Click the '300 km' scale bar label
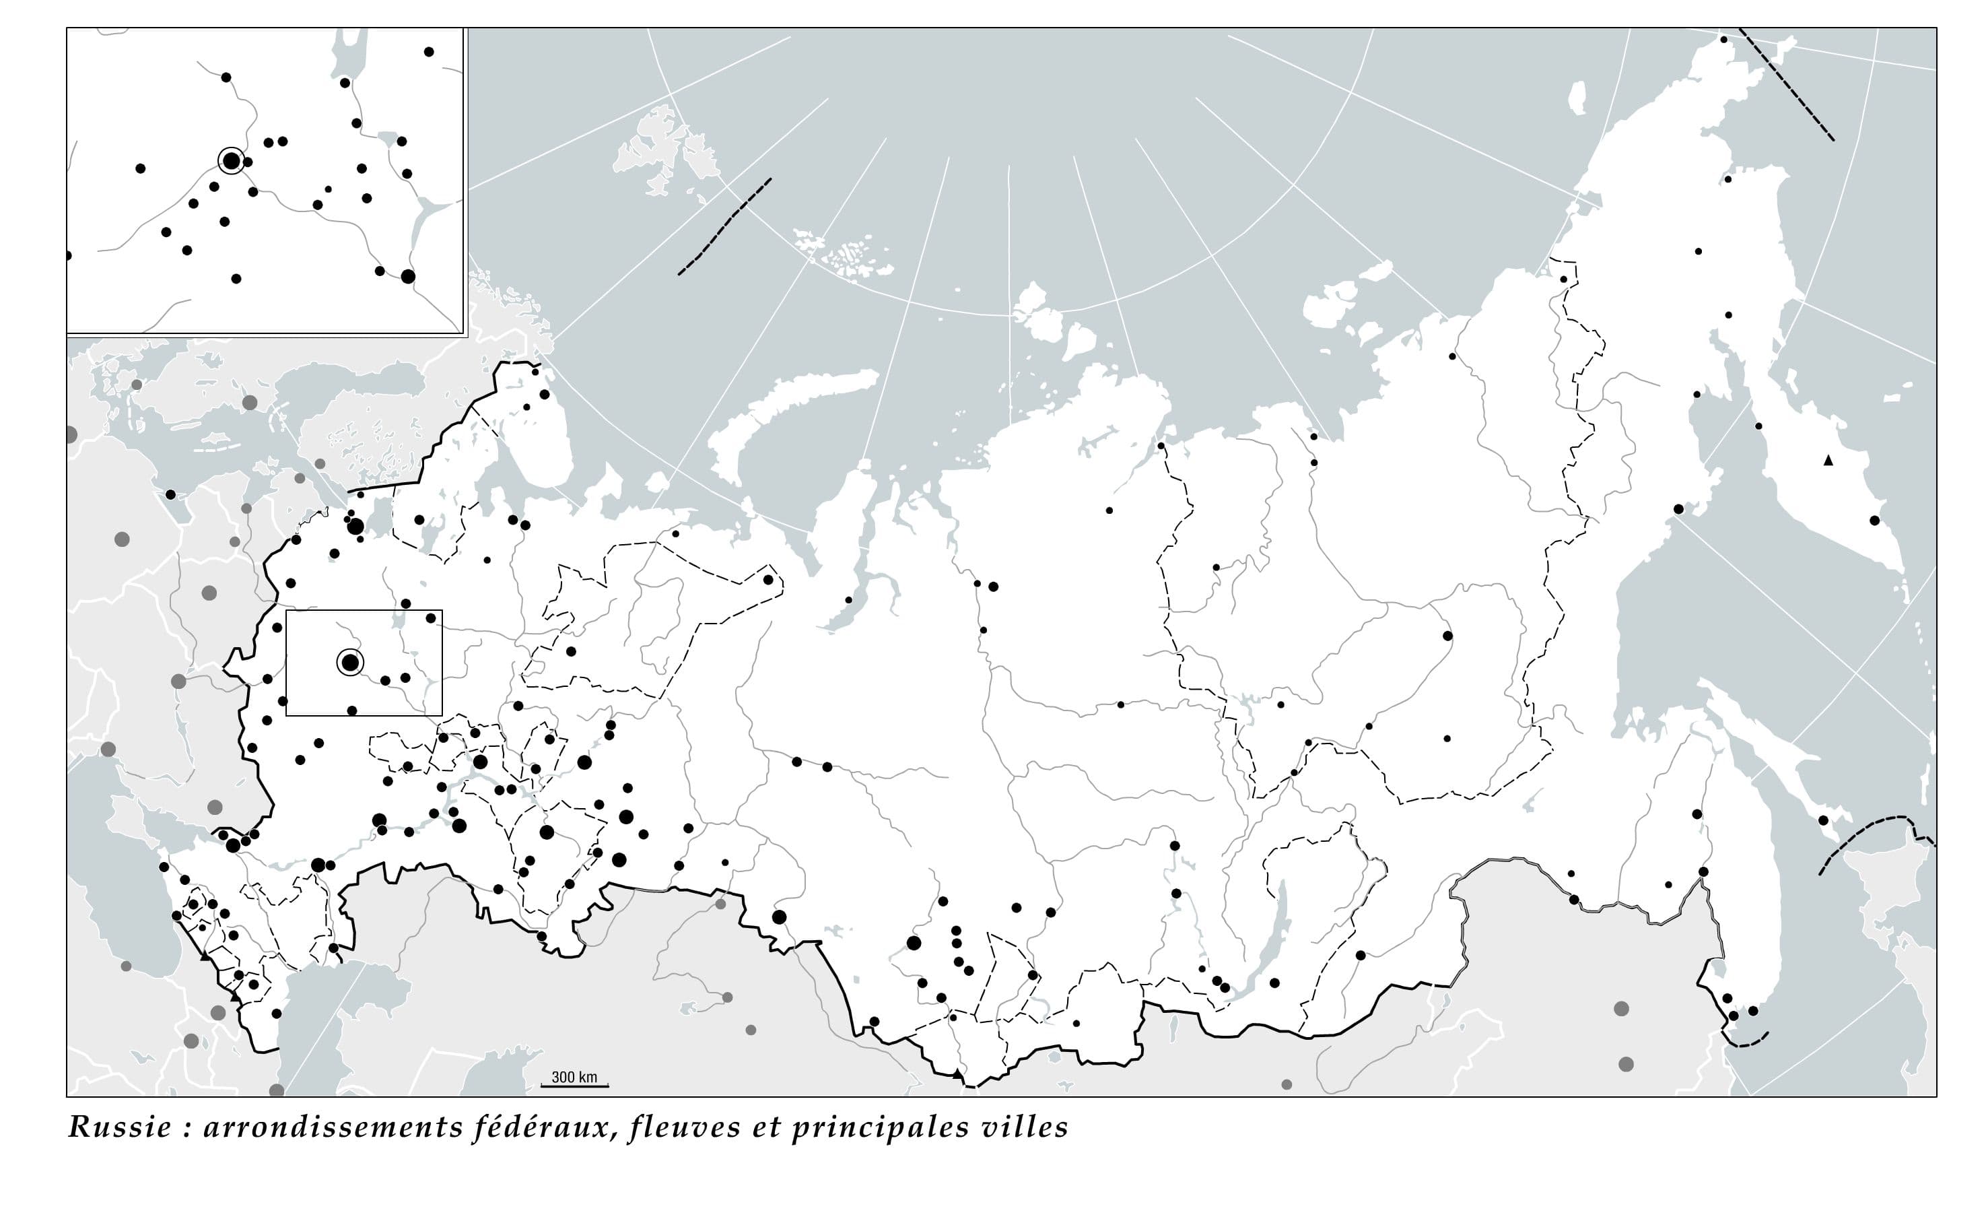[x=574, y=1077]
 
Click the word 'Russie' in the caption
[x=119, y=1127]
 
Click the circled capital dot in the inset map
[x=231, y=160]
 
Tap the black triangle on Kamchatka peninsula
[x=1828, y=460]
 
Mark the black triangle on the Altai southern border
[x=959, y=1074]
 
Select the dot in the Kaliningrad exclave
[x=171, y=494]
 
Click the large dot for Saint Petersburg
[x=355, y=527]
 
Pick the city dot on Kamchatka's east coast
[x=1875, y=520]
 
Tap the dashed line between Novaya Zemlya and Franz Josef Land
[x=725, y=227]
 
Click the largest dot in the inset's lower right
[x=408, y=276]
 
